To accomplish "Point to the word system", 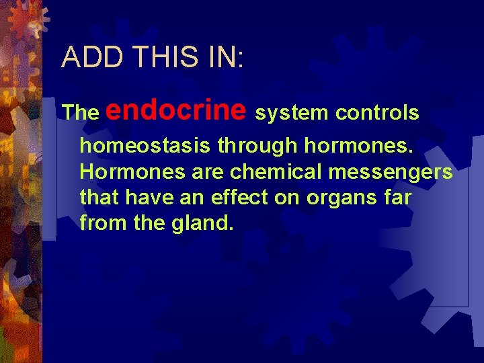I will coord(291,113).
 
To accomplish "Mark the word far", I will coord(397,198).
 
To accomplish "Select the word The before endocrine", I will coord(80,113).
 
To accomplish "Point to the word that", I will coord(100,198).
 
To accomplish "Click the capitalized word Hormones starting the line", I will coord(132,172).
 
